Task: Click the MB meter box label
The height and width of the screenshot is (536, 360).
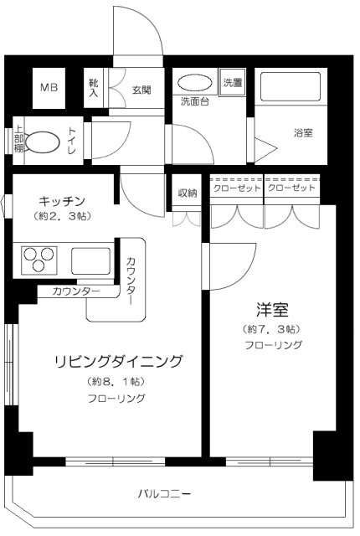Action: pyautogui.click(x=49, y=87)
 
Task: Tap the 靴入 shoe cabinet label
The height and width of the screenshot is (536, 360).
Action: pyautogui.click(x=94, y=88)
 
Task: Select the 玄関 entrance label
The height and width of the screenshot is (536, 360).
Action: pyautogui.click(x=141, y=90)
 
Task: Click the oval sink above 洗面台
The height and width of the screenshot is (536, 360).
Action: pyautogui.click(x=195, y=83)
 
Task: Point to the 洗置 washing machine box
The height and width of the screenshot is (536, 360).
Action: pyautogui.click(x=233, y=83)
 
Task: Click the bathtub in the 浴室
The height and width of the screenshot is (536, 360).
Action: pyautogui.click(x=291, y=86)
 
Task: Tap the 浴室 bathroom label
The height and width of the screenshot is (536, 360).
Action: pyautogui.click(x=303, y=132)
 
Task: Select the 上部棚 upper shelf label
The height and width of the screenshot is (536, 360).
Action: pyautogui.click(x=18, y=139)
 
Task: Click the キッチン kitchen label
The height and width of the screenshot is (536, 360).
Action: pyautogui.click(x=62, y=201)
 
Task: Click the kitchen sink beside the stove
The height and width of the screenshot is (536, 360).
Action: pyautogui.click(x=91, y=260)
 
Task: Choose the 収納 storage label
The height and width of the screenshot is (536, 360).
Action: pyautogui.click(x=188, y=193)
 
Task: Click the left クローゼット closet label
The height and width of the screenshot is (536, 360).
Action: pyautogui.click(x=237, y=188)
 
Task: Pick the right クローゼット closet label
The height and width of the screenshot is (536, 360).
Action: pyautogui.click(x=291, y=188)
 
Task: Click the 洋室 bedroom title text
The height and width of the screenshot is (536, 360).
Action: pyautogui.click(x=272, y=309)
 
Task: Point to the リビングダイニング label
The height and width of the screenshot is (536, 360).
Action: pyautogui.click(x=119, y=361)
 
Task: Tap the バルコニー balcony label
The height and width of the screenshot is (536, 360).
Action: pyautogui.click(x=164, y=493)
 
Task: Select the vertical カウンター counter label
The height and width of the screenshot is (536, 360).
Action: pyautogui.click(x=131, y=281)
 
